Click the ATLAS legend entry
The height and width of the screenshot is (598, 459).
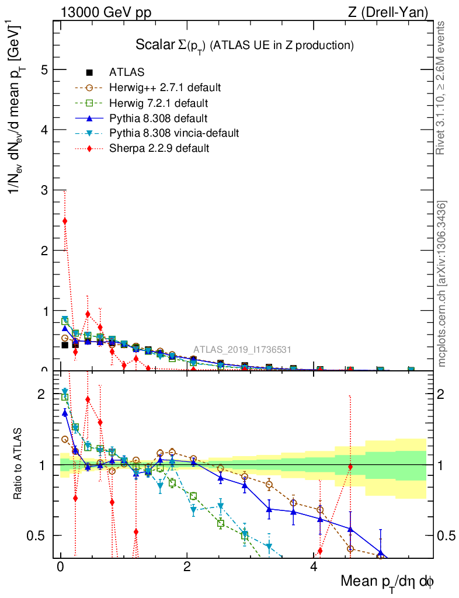click(x=127, y=73)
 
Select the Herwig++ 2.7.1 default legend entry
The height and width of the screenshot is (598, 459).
click(x=165, y=88)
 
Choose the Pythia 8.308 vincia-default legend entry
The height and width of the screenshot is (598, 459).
click(x=174, y=133)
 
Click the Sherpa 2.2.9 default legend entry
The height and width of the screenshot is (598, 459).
click(x=159, y=148)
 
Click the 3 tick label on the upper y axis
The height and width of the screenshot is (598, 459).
click(x=43, y=190)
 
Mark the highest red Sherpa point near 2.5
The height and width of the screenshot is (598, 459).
click(x=65, y=221)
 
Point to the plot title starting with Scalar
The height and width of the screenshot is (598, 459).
click(x=245, y=45)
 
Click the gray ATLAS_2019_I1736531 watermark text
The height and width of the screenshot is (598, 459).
click(x=242, y=350)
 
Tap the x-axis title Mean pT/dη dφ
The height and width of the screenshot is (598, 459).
click(x=387, y=582)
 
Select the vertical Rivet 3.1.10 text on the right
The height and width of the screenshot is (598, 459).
click(x=441, y=88)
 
